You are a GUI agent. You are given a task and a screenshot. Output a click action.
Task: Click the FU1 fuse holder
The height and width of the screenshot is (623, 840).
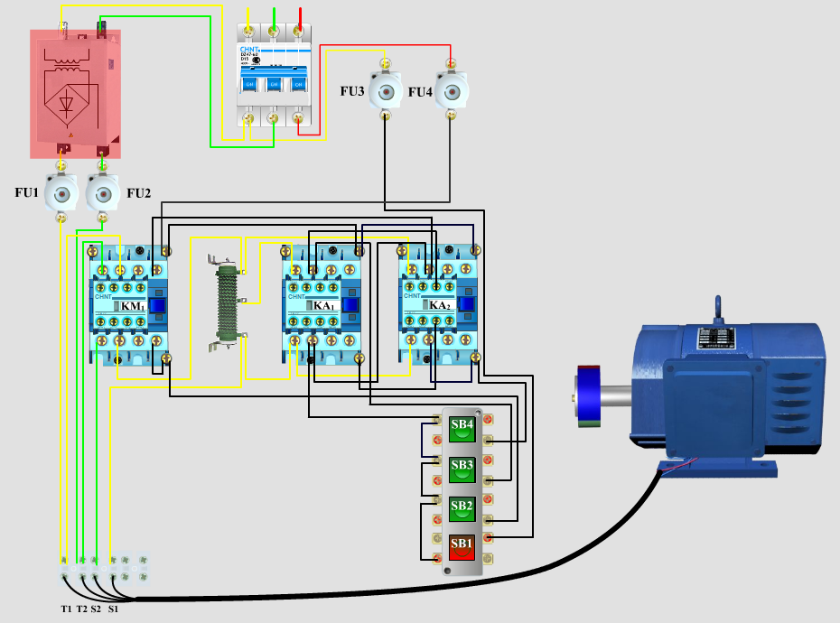point(61,193)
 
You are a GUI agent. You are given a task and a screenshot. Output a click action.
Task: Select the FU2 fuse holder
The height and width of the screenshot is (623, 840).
point(102,193)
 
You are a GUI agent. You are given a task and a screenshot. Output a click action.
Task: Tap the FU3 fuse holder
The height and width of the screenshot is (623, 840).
point(386,91)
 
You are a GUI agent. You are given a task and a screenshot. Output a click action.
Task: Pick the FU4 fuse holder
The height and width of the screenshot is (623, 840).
point(451,91)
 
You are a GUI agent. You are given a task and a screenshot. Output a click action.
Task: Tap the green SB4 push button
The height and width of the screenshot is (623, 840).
point(462,427)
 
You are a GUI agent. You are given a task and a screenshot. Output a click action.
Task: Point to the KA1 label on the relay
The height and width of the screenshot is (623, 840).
point(323,306)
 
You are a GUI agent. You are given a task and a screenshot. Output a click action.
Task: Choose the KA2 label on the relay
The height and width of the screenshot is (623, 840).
point(439,306)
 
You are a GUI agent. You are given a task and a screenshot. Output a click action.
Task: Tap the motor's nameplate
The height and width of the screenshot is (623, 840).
point(718,340)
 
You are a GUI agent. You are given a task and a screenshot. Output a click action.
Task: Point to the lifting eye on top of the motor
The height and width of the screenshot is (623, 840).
point(718,307)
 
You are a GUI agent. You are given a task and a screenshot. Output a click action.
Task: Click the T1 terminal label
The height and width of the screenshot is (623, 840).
point(66,609)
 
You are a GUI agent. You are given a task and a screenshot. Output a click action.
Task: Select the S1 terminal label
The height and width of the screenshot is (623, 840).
point(113,609)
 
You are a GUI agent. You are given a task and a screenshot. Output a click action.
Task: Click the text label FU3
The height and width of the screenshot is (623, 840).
point(352,92)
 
